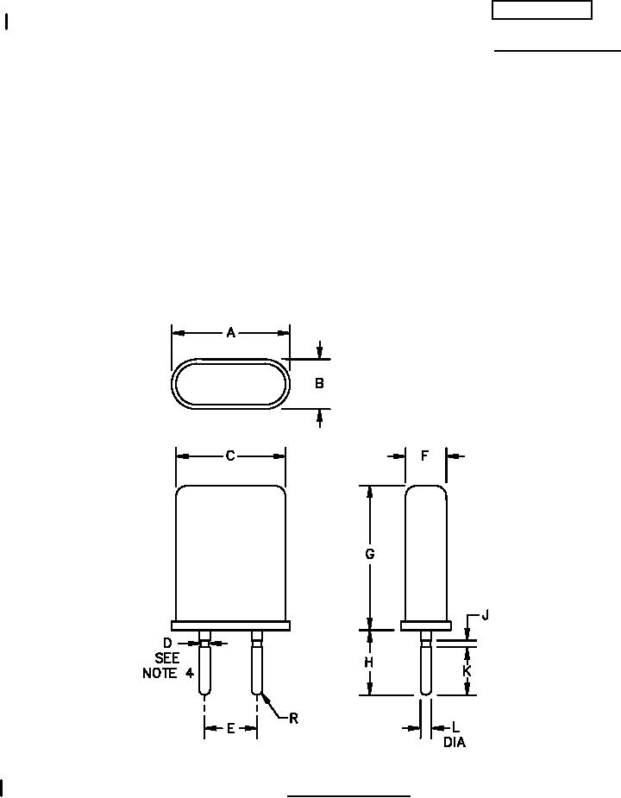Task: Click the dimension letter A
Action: [x=230, y=333]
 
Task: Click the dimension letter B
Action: [x=319, y=383]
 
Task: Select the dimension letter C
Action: [x=230, y=456]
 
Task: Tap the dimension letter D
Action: [x=167, y=643]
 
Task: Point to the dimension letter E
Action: [x=230, y=729]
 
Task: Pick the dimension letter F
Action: [x=425, y=456]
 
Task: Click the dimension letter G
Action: [x=370, y=554]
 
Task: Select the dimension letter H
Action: [x=369, y=662]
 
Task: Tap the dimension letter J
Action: [x=485, y=616]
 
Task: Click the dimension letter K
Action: [x=467, y=671]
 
